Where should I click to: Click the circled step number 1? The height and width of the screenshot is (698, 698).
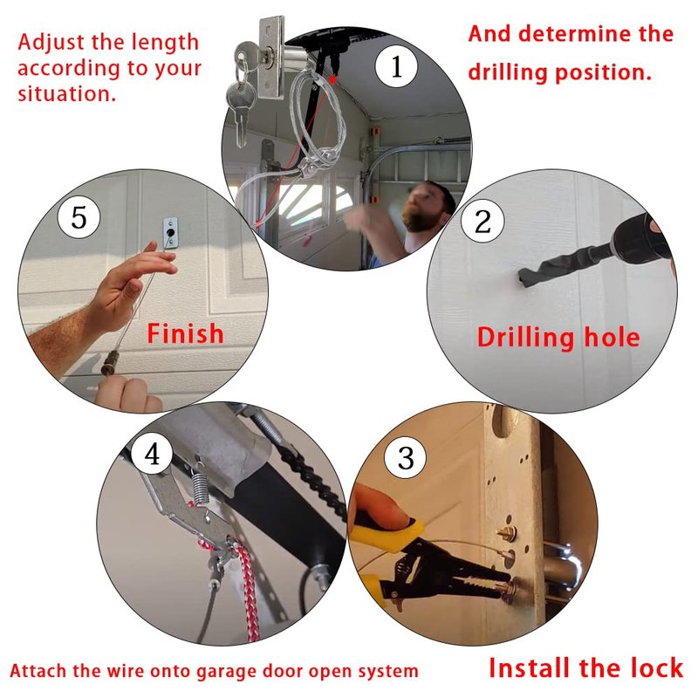(x=396, y=67)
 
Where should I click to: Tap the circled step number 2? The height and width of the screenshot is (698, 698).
(x=482, y=222)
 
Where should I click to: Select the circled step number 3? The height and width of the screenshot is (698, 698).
(x=405, y=457)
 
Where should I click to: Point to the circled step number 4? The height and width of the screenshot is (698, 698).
(x=152, y=455)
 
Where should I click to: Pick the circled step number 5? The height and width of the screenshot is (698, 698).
(x=79, y=217)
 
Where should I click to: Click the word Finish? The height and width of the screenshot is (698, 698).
(x=185, y=334)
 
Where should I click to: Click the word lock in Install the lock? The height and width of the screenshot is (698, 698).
(x=657, y=667)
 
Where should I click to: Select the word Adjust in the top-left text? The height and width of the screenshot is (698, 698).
(x=51, y=43)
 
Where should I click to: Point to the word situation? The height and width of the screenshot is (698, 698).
(x=67, y=94)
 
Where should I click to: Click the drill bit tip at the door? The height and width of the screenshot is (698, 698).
(x=523, y=280)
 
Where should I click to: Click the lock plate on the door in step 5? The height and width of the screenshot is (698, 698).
(x=170, y=232)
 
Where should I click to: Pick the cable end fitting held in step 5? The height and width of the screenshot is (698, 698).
(x=109, y=362)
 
